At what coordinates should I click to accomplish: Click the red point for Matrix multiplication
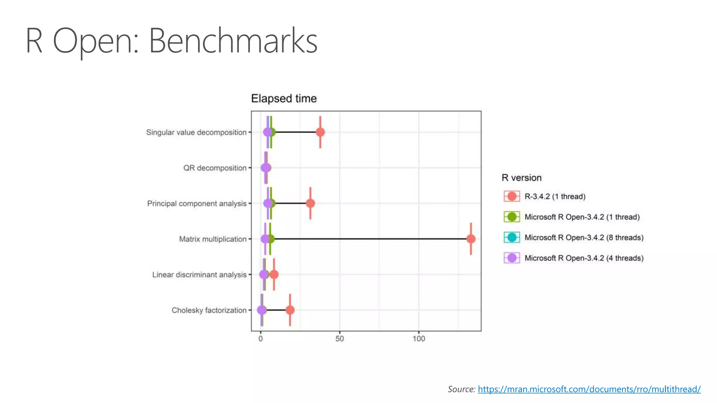pyautogui.click(x=471, y=239)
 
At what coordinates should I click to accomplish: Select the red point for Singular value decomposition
pyautogui.click(x=320, y=132)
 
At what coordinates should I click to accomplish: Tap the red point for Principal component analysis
pyautogui.click(x=310, y=203)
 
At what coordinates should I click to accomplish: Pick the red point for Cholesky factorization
pyautogui.click(x=290, y=310)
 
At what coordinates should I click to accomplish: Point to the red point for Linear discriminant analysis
pyautogui.click(x=274, y=275)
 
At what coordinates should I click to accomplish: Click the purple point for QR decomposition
pyautogui.click(x=265, y=168)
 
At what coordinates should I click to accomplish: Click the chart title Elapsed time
pyautogui.click(x=284, y=99)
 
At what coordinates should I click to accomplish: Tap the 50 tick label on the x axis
pyautogui.click(x=339, y=339)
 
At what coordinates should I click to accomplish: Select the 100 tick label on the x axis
pyautogui.click(x=419, y=339)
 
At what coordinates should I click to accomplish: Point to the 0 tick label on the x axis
pyautogui.click(x=260, y=339)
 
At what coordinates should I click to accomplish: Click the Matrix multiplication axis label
pyautogui.click(x=213, y=239)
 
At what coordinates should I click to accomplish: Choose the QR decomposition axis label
pyautogui.click(x=215, y=168)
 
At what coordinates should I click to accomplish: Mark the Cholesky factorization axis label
pyautogui.click(x=209, y=310)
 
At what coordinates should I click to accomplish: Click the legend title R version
pyautogui.click(x=521, y=178)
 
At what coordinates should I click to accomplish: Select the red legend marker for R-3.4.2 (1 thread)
pyautogui.click(x=512, y=196)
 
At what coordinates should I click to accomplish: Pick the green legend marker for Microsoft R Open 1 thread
pyautogui.click(x=512, y=217)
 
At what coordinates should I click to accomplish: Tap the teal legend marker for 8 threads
pyautogui.click(x=512, y=238)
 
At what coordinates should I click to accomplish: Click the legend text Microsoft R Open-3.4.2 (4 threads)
pyautogui.click(x=584, y=258)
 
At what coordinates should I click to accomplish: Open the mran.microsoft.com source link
pyautogui.click(x=589, y=389)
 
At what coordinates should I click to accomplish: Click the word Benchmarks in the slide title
pyautogui.click(x=233, y=41)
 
